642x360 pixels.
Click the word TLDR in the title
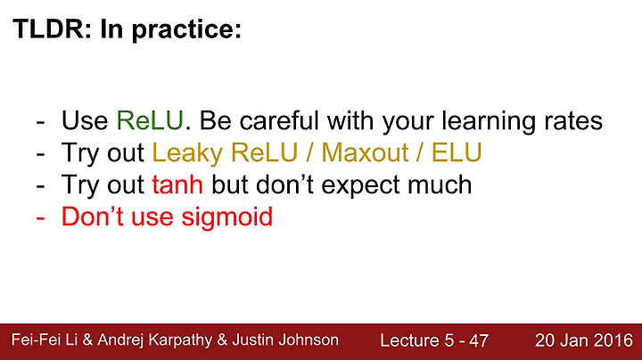pyautogui.click(x=49, y=29)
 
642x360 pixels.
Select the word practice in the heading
pyautogui.click(x=186, y=30)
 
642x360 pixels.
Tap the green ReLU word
pyautogui.click(x=150, y=120)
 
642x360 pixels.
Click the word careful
pyautogui.click(x=279, y=120)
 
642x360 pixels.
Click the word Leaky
pyautogui.click(x=187, y=154)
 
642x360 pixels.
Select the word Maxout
pyautogui.click(x=365, y=153)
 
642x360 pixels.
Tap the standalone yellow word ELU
pyautogui.click(x=457, y=153)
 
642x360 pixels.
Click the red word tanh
pyautogui.click(x=177, y=184)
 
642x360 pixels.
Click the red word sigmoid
pyautogui.click(x=227, y=217)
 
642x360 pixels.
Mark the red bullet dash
pyautogui.click(x=40, y=218)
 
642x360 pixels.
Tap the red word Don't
pyautogui.click(x=93, y=217)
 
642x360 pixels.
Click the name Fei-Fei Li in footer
pyautogui.click(x=45, y=340)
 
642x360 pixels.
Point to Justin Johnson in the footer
pyautogui.click(x=285, y=340)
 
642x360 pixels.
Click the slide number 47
pyautogui.click(x=479, y=340)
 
